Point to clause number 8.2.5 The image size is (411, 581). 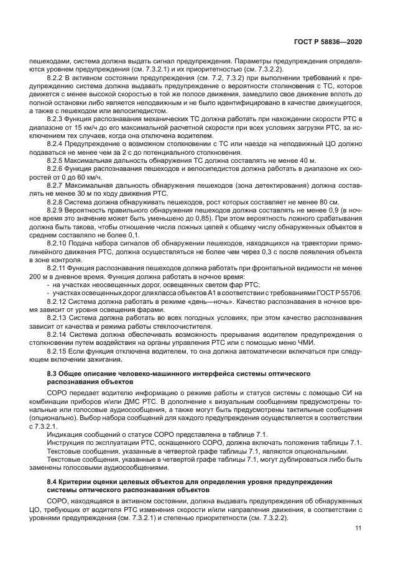point(57,160)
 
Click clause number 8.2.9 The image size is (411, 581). point(57,211)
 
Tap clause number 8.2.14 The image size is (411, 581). point(58,334)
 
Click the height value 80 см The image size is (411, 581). point(328,202)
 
